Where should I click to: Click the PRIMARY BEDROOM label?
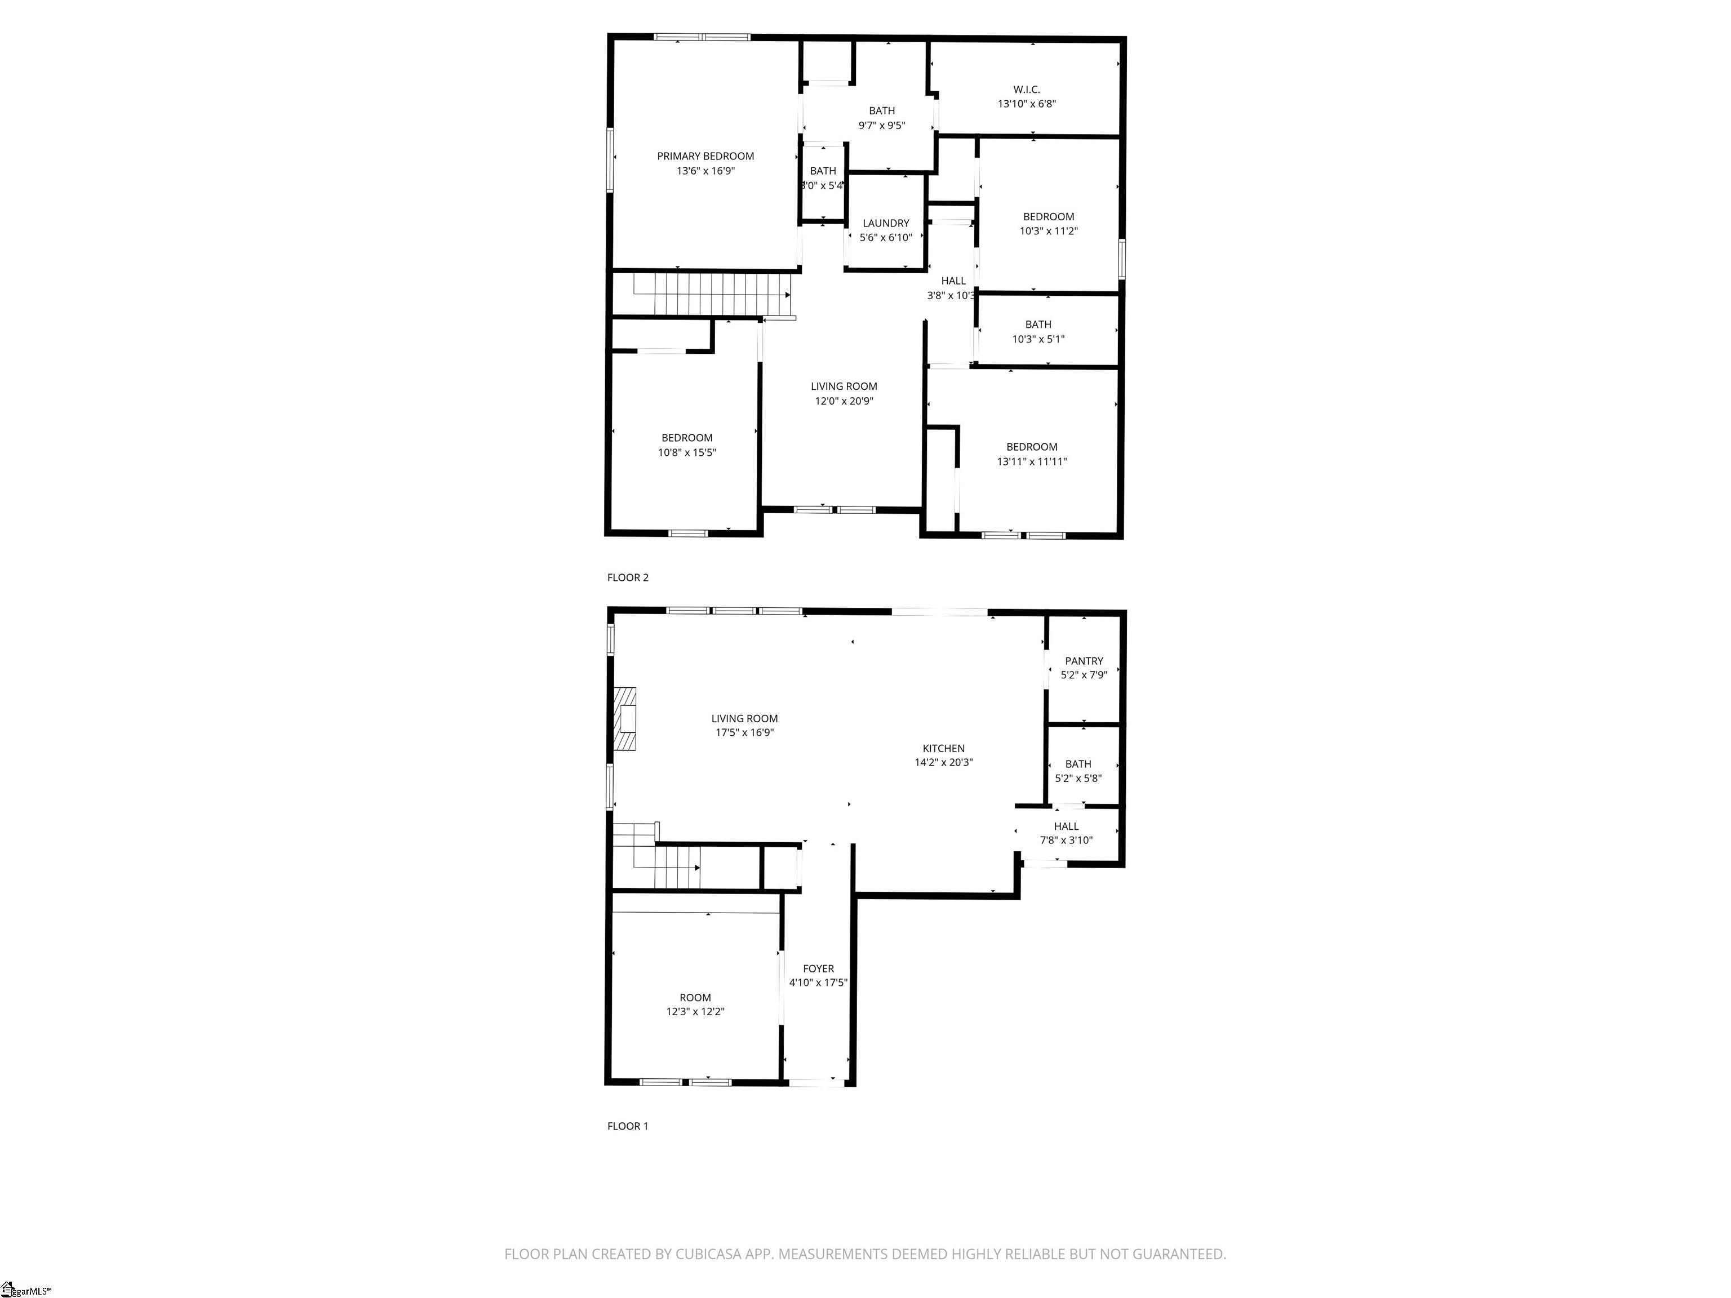coord(705,155)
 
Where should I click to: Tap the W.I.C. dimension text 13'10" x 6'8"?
coord(1026,103)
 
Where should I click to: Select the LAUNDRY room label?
coord(885,223)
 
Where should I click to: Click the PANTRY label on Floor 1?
coord(1083,660)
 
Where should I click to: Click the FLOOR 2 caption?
coord(628,577)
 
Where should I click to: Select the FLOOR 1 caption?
coord(628,1126)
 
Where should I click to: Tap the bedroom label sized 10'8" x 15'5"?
coord(686,437)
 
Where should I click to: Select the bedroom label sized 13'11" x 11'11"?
coord(1031,447)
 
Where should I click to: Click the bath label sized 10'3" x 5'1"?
coord(1038,324)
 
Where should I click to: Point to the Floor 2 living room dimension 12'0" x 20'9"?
coord(843,401)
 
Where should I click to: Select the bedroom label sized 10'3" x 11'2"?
coord(1048,217)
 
